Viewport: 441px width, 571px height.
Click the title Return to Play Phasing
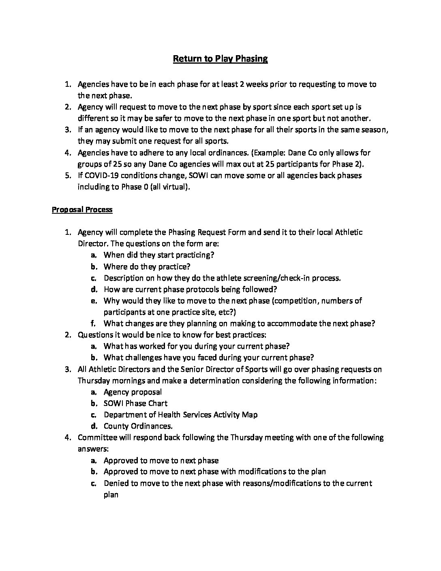tap(220, 59)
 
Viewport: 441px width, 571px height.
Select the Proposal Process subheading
tap(82, 210)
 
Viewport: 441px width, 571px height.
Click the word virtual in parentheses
tap(173, 187)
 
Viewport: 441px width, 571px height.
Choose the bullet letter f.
tap(93, 324)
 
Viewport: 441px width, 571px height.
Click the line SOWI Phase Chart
tap(135, 404)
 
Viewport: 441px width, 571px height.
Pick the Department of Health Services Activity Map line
tap(180, 415)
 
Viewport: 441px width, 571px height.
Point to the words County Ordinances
tap(138, 426)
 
